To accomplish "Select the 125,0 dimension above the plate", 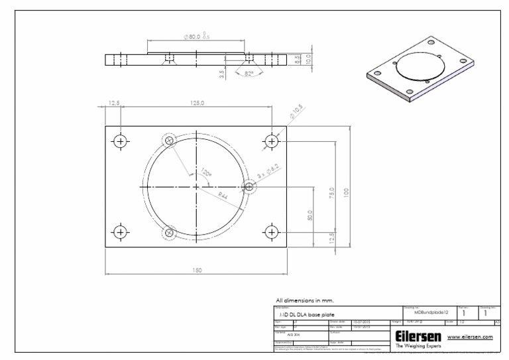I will [197, 103].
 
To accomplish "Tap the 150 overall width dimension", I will [197, 270].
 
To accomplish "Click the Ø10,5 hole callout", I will [296, 111].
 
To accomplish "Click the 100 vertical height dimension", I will [346, 192].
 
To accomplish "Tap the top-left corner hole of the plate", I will [120, 141].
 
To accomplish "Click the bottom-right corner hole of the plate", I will [270, 231].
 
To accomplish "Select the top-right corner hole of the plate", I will [270, 141].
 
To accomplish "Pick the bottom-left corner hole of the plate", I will [120, 231].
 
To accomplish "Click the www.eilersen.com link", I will [471, 337].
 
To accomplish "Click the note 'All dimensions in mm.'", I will [306, 300].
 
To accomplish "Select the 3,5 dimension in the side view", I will [223, 74].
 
